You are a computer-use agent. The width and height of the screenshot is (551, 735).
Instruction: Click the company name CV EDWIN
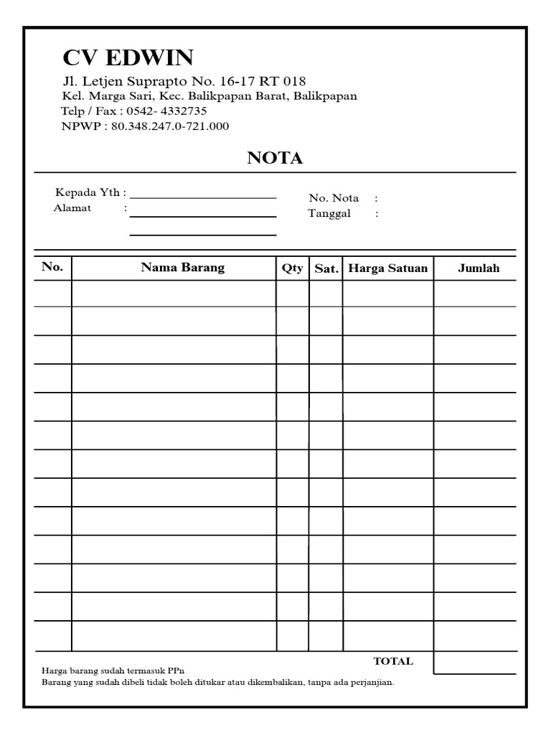(x=128, y=57)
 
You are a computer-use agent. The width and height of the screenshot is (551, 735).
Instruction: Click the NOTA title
(x=275, y=159)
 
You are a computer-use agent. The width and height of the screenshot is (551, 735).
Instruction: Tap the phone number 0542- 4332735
(x=166, y=111)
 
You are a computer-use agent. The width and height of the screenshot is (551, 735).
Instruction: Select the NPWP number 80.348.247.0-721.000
(x=170, y=126)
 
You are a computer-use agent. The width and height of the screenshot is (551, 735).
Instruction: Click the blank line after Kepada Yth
(x=203, y=195)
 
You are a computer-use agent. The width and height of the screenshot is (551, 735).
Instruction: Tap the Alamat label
(x=72, y=208)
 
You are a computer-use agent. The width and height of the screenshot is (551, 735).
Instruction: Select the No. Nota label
(x=334, y=198)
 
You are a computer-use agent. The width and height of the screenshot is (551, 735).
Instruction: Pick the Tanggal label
(x=329, y=214)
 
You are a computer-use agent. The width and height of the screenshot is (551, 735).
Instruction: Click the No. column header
(x=52, y=267)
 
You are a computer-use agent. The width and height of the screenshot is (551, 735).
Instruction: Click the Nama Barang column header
(x=182, y=267)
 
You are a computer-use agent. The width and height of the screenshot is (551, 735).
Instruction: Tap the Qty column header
(x=292, y=268)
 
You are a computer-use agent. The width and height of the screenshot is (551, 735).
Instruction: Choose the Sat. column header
(x=326, y=268)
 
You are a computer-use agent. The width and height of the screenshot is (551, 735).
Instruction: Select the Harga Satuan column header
(x=387, y=268)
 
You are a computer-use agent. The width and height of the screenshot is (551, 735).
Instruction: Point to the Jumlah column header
(x=479, y=268)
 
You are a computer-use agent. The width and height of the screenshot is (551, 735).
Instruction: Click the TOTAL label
(x=393, y=661)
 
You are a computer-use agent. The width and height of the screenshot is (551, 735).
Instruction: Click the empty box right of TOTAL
(x=474, y=662)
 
